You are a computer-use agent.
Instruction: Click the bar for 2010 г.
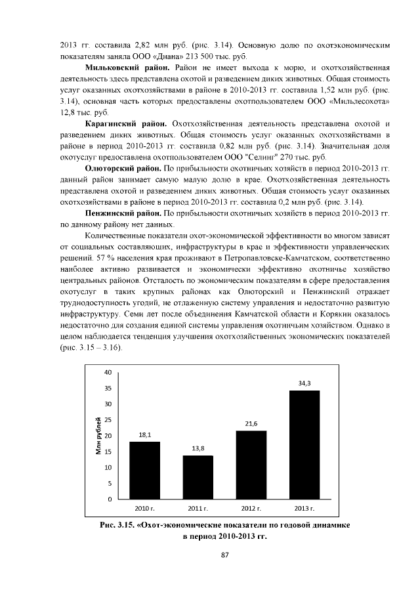(144, 471)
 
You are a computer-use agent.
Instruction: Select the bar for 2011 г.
(198, 477)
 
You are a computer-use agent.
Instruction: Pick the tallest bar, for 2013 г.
(304, 445)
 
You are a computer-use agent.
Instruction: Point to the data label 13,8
(198, 448)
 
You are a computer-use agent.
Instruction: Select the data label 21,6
(251, 423)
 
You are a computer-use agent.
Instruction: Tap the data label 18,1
(144, 435)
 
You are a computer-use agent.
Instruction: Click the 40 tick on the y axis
(108, 372)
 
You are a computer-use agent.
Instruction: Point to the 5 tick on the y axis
(110, 484)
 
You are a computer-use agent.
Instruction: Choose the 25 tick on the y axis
(108, 420)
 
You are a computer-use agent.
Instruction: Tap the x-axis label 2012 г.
(251, 509)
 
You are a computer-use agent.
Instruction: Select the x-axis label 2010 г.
(144, 509)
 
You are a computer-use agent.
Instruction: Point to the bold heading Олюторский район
(123, 169)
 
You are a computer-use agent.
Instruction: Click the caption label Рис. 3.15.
(116, 526)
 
